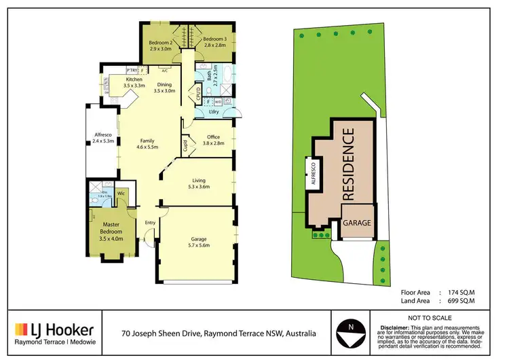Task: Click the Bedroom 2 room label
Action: pos(162,43)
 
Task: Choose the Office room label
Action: pos(213,137)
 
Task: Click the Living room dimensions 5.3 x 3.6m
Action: pos(200,186)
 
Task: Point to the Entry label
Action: pos(150,223)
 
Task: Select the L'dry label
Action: pos(212,111)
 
